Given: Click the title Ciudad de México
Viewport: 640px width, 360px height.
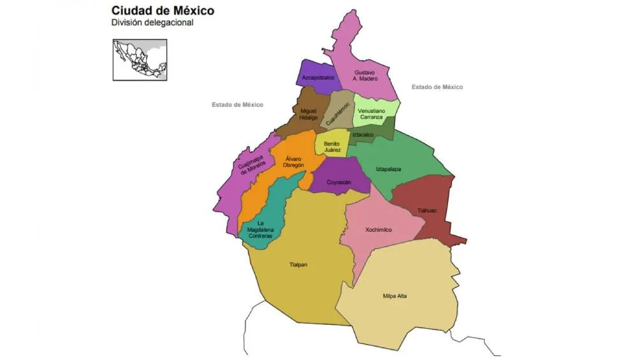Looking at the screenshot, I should [x=163, y=10].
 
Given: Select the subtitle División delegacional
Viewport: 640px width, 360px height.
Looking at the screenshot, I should [x=152, y=22].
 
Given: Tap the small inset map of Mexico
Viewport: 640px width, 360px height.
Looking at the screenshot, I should [x=140, y=59].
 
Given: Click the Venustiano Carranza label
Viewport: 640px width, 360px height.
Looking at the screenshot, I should [x=375, y=114].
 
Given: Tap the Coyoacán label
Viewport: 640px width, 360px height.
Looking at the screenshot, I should [x=340, y=182].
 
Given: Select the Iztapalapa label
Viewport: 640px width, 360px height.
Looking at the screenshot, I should [x=389, y=169].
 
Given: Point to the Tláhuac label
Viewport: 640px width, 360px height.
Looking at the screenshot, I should [x=426, y=210].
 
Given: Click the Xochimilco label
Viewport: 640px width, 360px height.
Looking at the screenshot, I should [x=379, y=229].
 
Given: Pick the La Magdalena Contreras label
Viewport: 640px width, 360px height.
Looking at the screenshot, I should [x=260, y=229].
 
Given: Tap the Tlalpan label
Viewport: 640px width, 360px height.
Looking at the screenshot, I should [x=298, y=264].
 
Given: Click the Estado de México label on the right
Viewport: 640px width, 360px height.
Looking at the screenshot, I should [x=437, y=87].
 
